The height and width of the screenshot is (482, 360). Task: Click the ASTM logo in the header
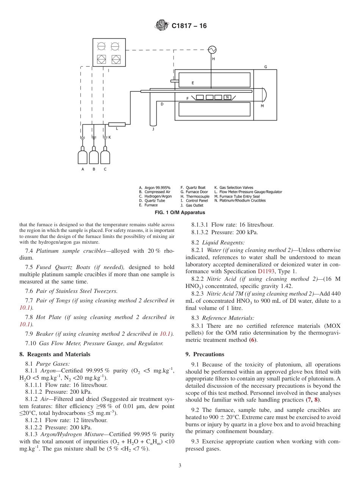[162, 26]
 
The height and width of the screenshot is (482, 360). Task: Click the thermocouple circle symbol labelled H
[212, 50]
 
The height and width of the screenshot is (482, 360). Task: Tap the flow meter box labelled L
[117, 124]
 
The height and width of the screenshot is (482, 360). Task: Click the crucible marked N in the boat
[227, 97]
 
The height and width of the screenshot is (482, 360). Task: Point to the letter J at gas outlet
[153, 129]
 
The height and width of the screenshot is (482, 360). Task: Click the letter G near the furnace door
[265, 67]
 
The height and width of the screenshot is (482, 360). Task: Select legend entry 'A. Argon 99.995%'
[155, 188]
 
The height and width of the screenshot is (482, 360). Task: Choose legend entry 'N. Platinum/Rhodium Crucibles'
[240, 201]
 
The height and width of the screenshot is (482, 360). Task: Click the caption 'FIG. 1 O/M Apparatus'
[180, 213]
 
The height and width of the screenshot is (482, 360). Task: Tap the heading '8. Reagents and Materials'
[55, 354]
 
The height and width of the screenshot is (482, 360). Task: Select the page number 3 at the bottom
[180, 465]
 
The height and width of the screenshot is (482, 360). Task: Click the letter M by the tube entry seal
[262, 106]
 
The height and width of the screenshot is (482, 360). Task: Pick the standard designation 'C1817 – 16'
[189, 26]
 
